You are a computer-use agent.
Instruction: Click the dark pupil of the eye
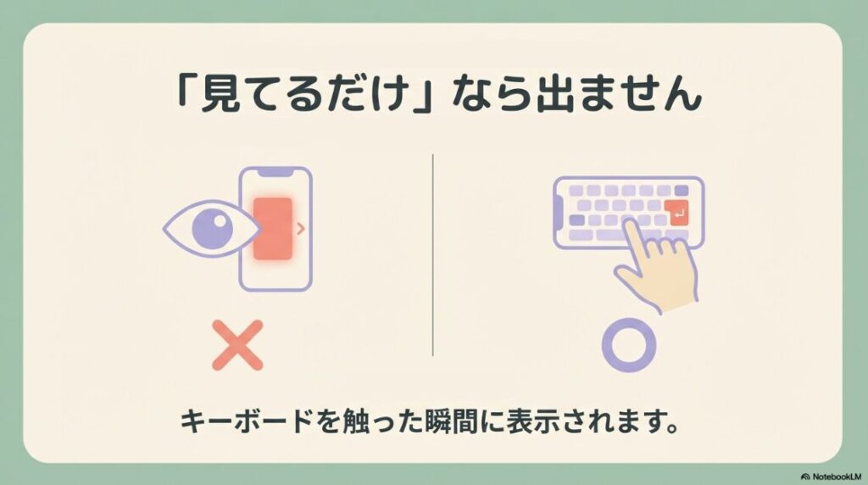pos(209,228)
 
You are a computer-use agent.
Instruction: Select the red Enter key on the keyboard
pos(678,214)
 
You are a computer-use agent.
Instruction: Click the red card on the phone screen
pos(274,229)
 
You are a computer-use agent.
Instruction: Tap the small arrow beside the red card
pos(301,227)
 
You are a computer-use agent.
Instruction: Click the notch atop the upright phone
pos(275,172)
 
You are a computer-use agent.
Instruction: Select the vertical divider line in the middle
pos(433,254)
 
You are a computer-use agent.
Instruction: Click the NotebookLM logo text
pos(832,477)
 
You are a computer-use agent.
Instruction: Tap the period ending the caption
pos(673,428)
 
